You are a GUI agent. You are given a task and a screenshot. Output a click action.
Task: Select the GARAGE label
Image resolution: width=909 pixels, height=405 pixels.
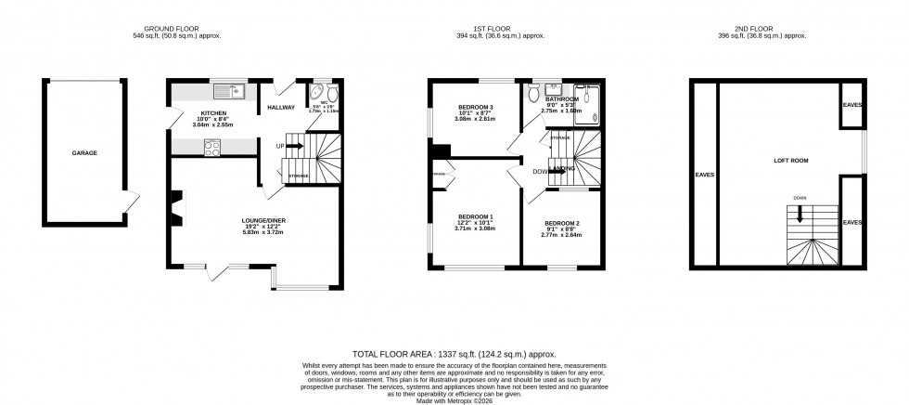click(84, 153)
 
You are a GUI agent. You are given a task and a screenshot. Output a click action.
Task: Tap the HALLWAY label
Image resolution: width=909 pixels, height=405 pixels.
click(280, 108)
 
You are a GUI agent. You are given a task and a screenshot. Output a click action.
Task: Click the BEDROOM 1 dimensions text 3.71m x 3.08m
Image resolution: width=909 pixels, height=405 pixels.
click(475, 228)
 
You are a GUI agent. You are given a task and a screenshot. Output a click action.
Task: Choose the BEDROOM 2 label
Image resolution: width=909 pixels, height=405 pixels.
click(561, 224)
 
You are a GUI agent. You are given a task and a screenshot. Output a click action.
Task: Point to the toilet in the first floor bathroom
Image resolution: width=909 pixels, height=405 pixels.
click(532, 93)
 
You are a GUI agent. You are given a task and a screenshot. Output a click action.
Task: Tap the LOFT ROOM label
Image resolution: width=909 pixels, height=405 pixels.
click(790, 161)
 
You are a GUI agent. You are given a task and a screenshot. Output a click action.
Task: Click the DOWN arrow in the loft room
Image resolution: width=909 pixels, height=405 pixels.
click(799, 215)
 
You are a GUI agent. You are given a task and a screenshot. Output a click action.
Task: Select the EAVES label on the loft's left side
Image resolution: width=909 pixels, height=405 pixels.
click(704, 174)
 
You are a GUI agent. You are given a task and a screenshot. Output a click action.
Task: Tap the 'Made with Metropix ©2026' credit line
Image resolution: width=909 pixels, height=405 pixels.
click(454, 398)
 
